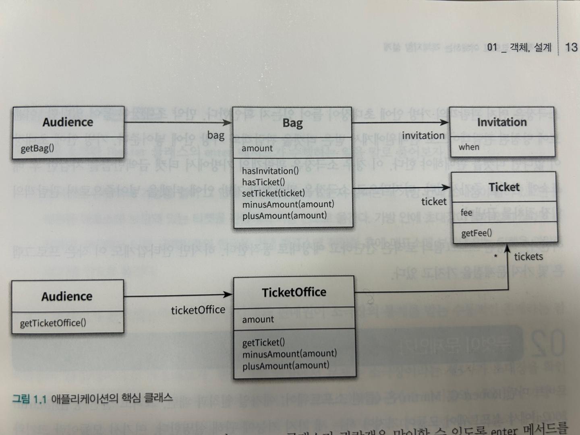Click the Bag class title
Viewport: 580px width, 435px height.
click(292, 123)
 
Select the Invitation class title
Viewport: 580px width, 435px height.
click(502, 122)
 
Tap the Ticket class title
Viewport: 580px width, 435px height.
click(504, 187)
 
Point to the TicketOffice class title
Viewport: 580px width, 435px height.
click(294, 292)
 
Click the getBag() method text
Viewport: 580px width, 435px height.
click(37, 148)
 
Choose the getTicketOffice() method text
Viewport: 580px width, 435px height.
click(53, 323)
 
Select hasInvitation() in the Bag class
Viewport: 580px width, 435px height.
click(270, 171)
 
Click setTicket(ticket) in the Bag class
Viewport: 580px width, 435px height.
click(273, 193)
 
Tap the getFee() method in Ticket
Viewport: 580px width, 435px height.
click(476, 233)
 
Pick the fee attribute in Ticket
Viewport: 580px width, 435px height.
click(466, 212)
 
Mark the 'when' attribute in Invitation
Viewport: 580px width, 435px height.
click(469, 147)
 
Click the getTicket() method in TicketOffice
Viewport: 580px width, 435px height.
click(263, 342)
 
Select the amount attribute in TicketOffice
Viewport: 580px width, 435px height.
click(258, 319)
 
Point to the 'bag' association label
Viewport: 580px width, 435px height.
click(216, 135)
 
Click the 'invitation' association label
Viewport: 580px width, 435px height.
click(423, 136)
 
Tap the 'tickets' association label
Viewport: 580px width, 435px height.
click(528, 257)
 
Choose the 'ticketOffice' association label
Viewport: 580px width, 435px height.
click(198, 310)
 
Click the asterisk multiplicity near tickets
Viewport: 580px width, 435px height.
click(495, 256)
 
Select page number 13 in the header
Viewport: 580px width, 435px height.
click(571, 47)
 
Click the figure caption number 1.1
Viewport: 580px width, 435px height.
click(40, 399)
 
